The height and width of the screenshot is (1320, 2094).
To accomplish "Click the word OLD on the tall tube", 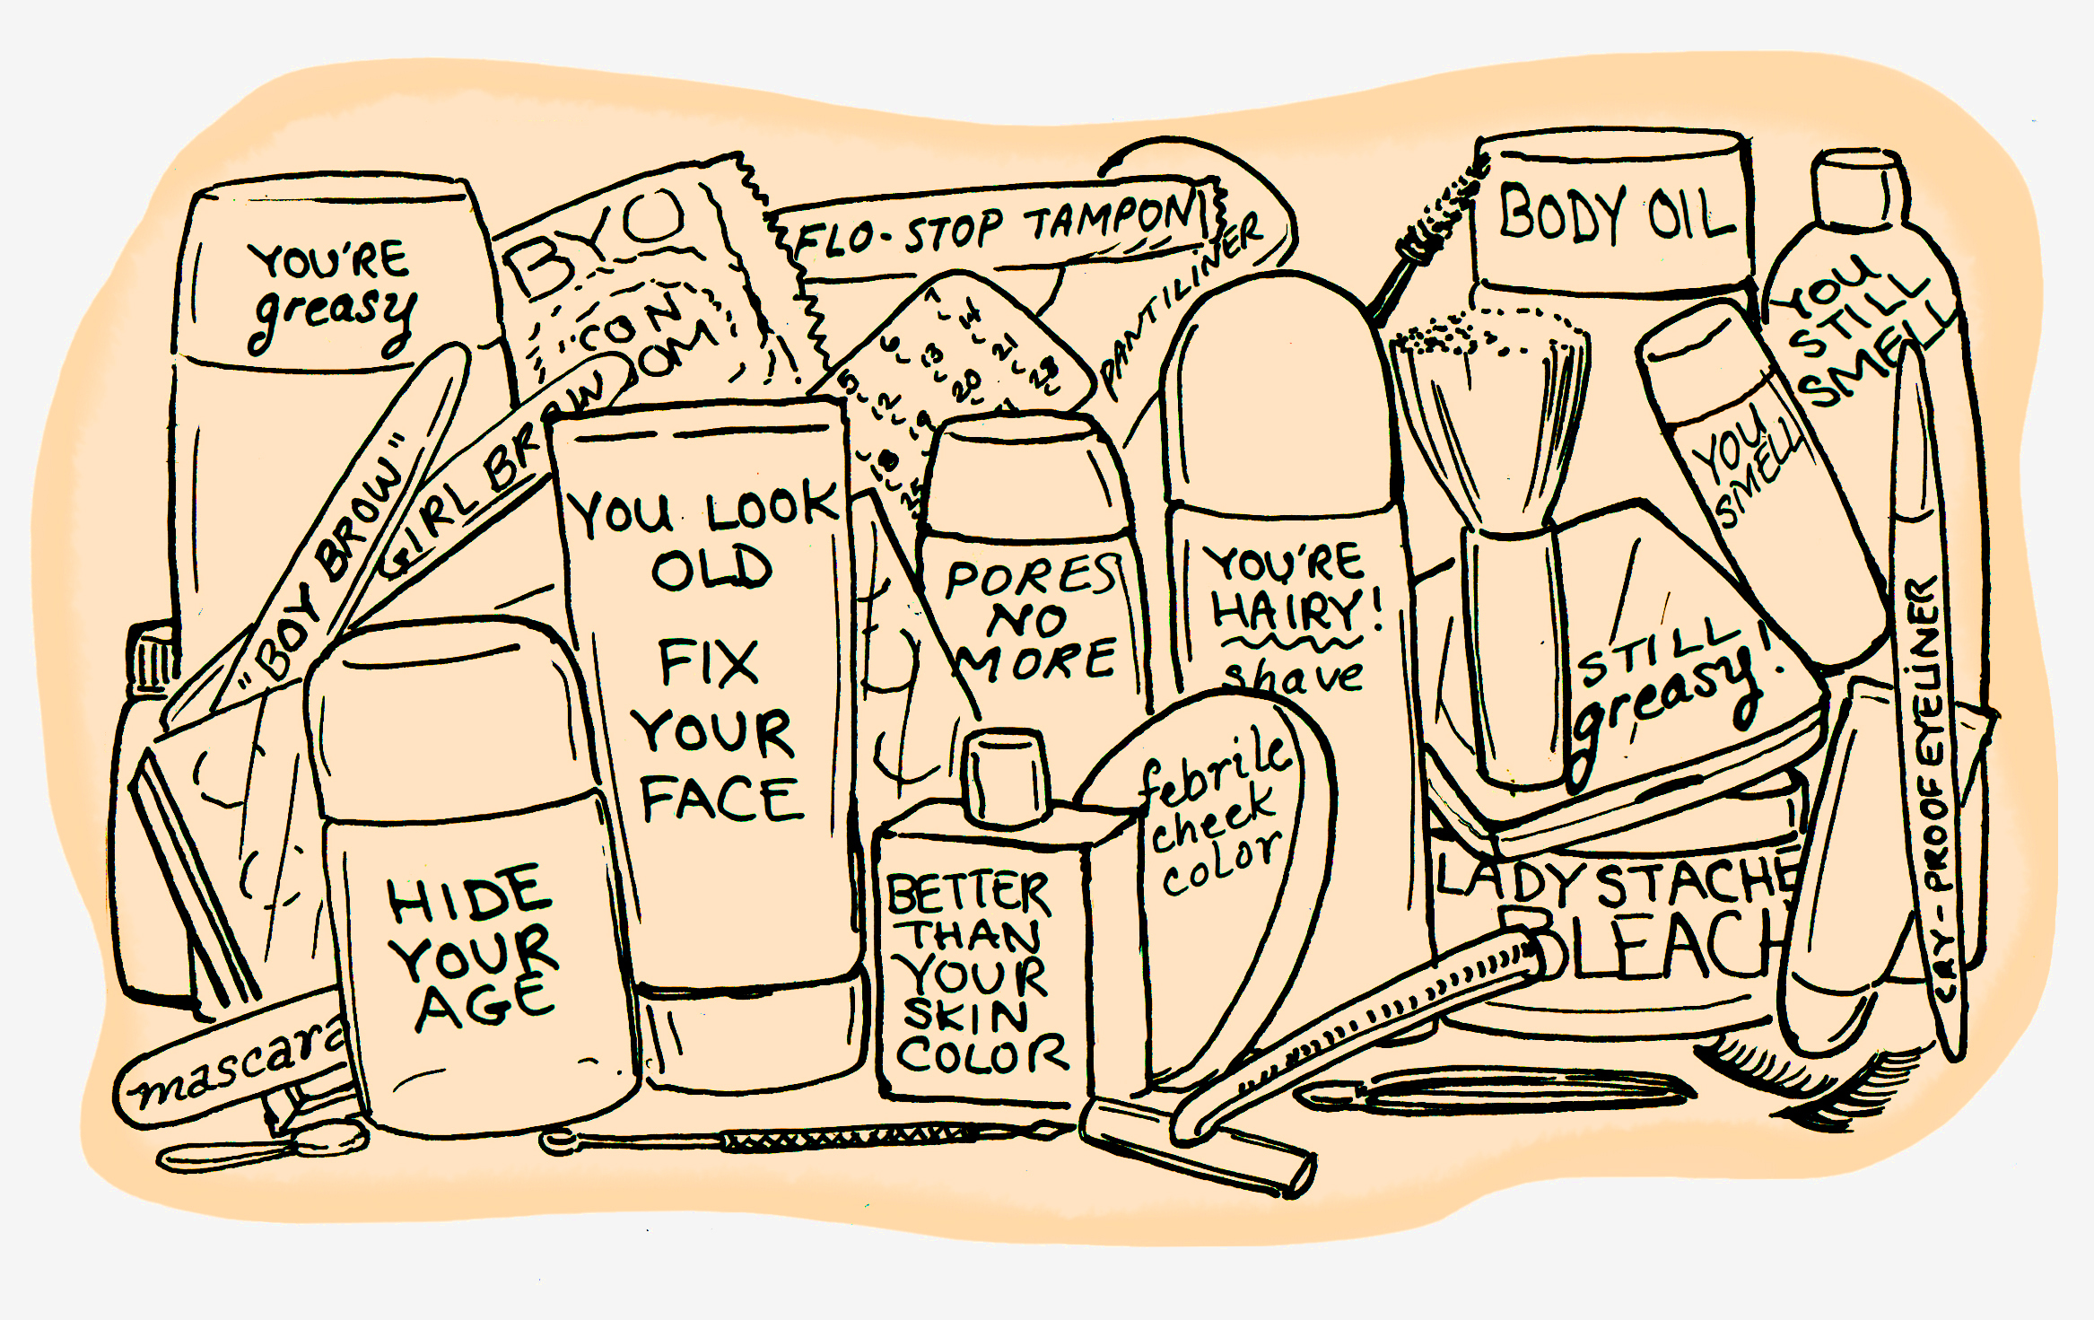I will click(x=711, y=569).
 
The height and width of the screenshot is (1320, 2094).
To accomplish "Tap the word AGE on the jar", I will click(x=484, y=1004).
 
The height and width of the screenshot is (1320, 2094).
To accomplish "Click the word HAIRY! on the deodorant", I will click(x=1295, y=613).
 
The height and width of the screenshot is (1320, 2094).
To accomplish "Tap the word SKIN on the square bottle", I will click(x=965, y=1016).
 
